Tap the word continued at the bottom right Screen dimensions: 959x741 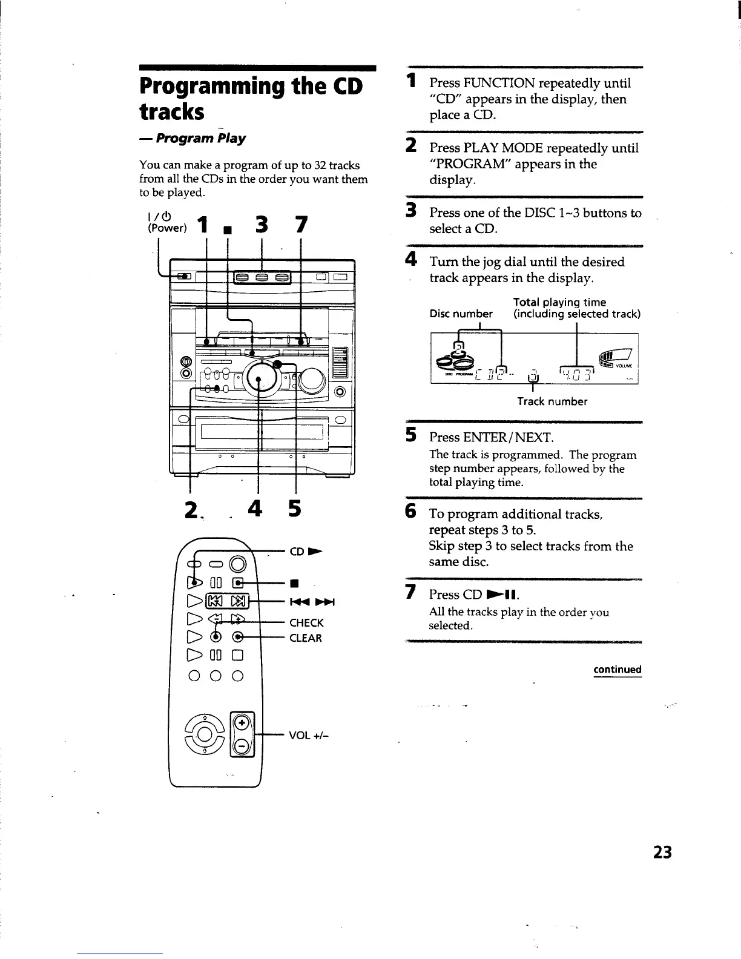point(617,670)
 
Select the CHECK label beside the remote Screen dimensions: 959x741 point(306,623)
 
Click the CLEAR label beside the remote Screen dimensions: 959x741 point(306,638)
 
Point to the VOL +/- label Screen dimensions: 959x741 point(308,736)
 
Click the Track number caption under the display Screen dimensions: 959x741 point(552,401)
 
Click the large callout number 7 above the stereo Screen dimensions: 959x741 point(300,226)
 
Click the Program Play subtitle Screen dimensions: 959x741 point(200,139)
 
